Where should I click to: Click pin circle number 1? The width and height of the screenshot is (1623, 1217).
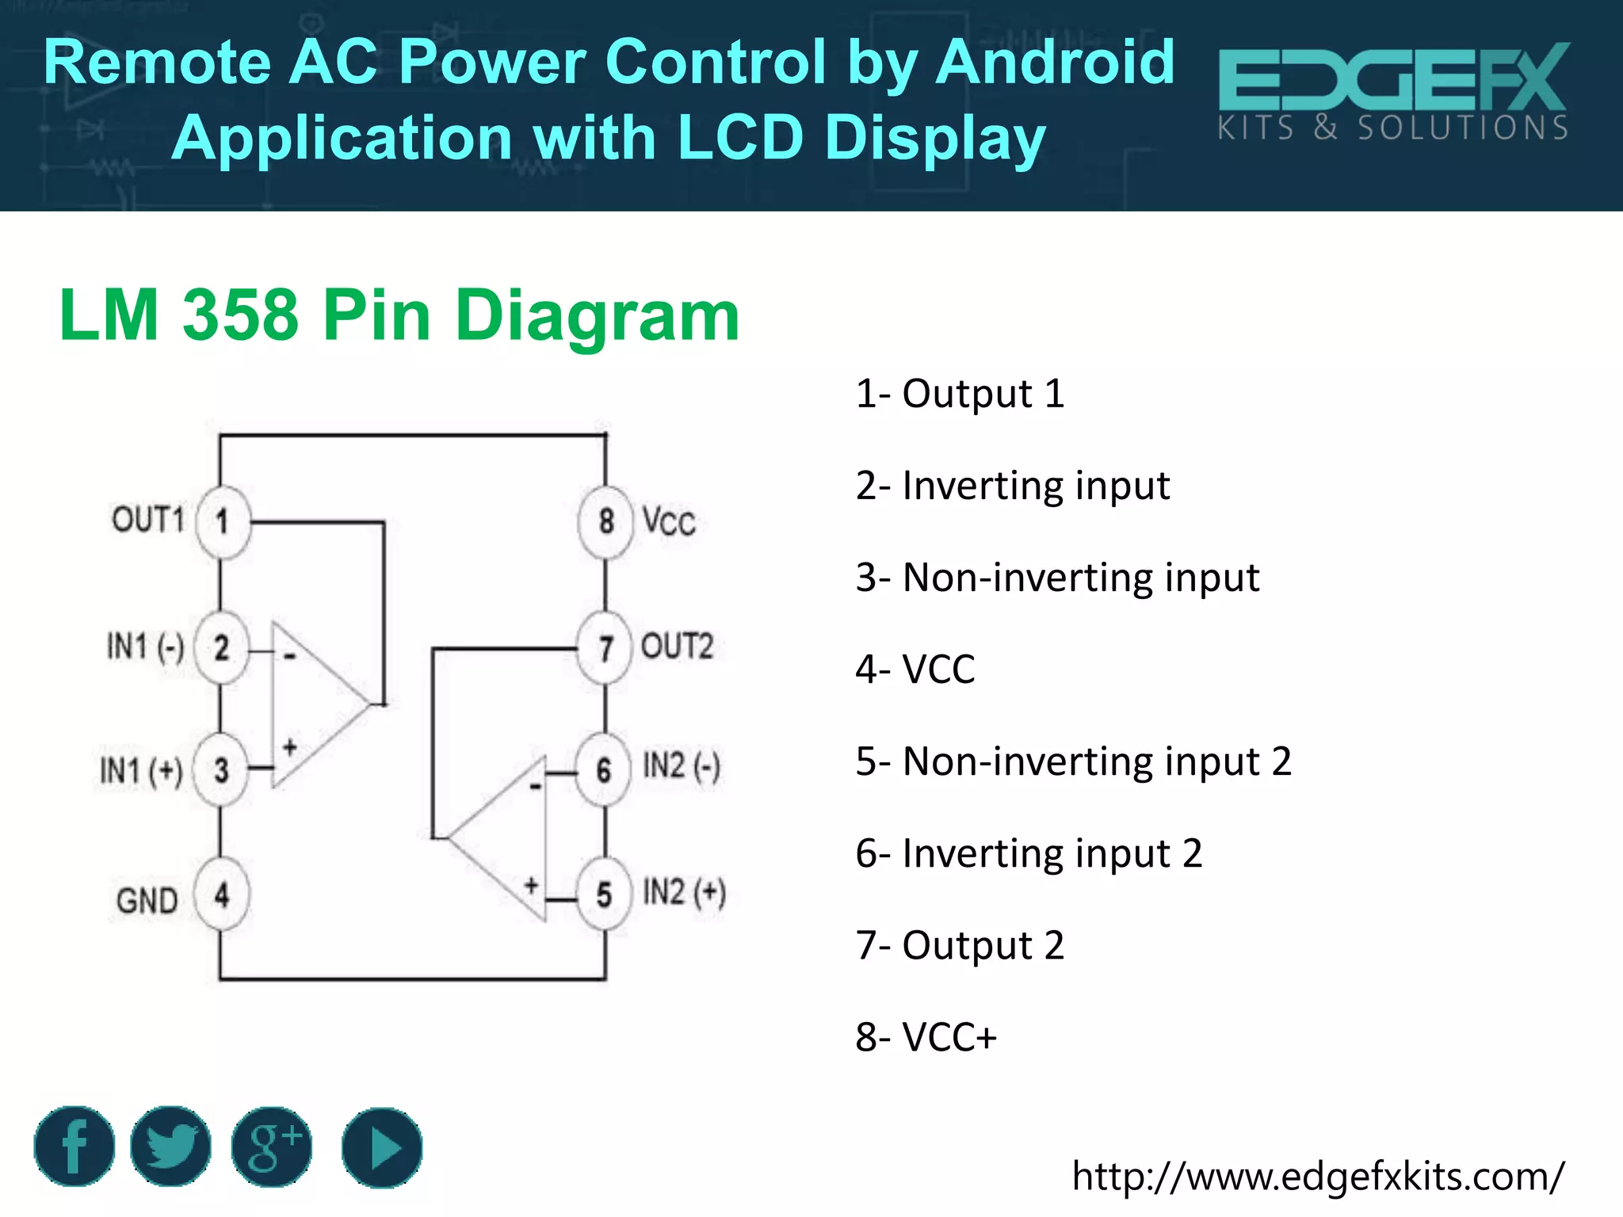click(x=223, y=522)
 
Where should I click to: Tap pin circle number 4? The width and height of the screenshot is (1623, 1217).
click(x=222, y=895)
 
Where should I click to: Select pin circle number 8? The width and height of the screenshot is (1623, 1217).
click(x=606, y=521)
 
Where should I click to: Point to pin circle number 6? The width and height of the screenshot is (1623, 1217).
click(x=604, y=769)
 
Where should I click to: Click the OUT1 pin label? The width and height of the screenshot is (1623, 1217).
click(x=148, y=520)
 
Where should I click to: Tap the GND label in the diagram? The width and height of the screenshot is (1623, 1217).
click(x=147, y=901)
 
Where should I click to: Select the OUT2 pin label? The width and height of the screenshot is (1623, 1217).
click(x=677, y=647)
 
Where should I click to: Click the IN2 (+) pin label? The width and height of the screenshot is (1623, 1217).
click(x=684, y=893)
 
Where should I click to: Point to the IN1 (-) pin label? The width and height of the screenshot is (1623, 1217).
click(x=146, y=647)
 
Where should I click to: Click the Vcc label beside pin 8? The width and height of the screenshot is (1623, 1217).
click(x=669, y=522)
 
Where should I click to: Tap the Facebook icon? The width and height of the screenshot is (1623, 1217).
click(x=74, y=1146)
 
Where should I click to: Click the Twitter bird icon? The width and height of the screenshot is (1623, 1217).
click(x=170, y=1146)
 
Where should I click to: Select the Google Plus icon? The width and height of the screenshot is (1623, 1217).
click(x=272, y=1146)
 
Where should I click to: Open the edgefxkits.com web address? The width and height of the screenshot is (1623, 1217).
click(x=1318, y=1176)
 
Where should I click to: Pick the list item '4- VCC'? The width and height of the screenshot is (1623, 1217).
click(x=915, y=670)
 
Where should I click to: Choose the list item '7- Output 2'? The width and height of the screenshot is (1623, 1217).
click(x=960, y=945)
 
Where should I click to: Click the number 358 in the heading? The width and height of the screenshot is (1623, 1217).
click(x=241, y=315)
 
